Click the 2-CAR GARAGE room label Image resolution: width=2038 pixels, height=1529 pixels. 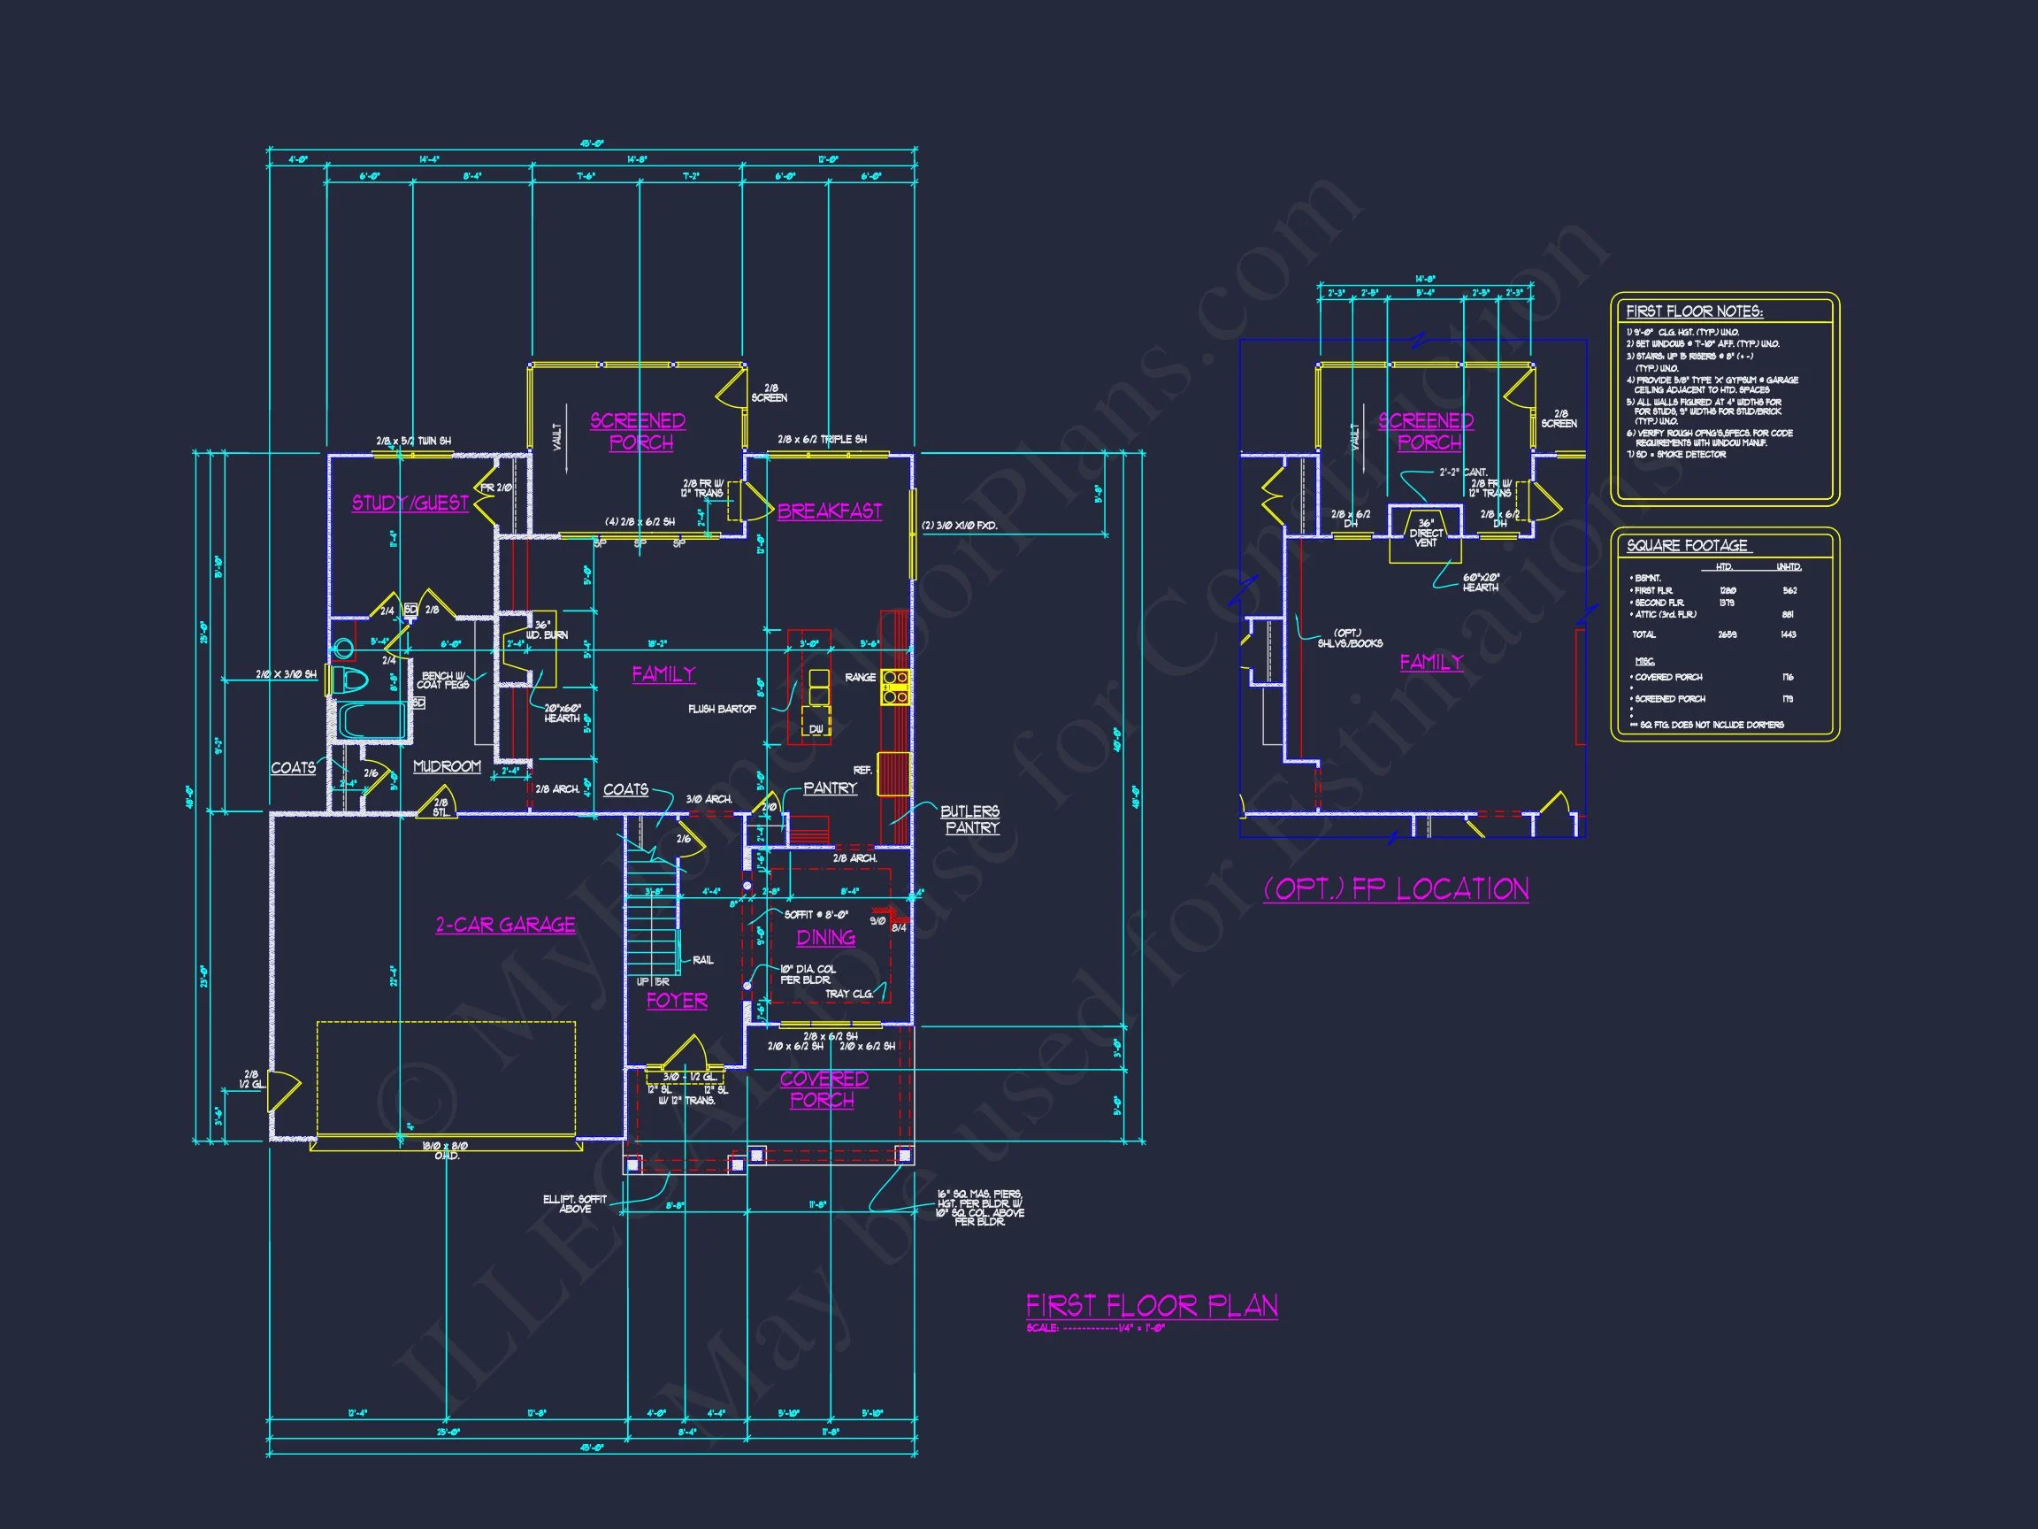(505, 925)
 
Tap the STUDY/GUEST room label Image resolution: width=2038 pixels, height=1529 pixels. (410, 503)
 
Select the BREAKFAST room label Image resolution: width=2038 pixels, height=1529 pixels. (829, 511)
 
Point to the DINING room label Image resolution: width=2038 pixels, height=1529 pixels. (825, 937)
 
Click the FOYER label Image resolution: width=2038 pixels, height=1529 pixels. (677, 1000)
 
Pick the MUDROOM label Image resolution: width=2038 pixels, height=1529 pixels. (447, 766)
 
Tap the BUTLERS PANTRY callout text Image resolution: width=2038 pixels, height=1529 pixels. (970, 819)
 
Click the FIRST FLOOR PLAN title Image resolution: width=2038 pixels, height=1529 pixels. (1152, 1305)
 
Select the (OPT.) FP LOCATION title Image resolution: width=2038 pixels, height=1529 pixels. (1396, 889)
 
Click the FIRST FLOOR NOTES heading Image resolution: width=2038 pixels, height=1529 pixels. (1693, 311)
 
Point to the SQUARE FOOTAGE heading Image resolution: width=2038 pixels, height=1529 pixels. (1686, 546)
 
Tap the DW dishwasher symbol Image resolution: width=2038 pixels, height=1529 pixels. (816, 728)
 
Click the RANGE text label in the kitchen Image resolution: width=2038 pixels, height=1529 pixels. (860, 678)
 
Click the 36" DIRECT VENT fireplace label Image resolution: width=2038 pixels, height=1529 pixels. (1425, 533)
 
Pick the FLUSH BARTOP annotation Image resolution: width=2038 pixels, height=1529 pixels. (722, 709)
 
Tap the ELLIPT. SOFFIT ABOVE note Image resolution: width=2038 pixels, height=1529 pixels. (574, 1203)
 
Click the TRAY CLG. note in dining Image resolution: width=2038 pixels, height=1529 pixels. (848, 994)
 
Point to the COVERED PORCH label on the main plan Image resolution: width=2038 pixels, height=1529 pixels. (824, 1088)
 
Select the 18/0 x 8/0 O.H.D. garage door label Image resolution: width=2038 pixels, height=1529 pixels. (446, 1150)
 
